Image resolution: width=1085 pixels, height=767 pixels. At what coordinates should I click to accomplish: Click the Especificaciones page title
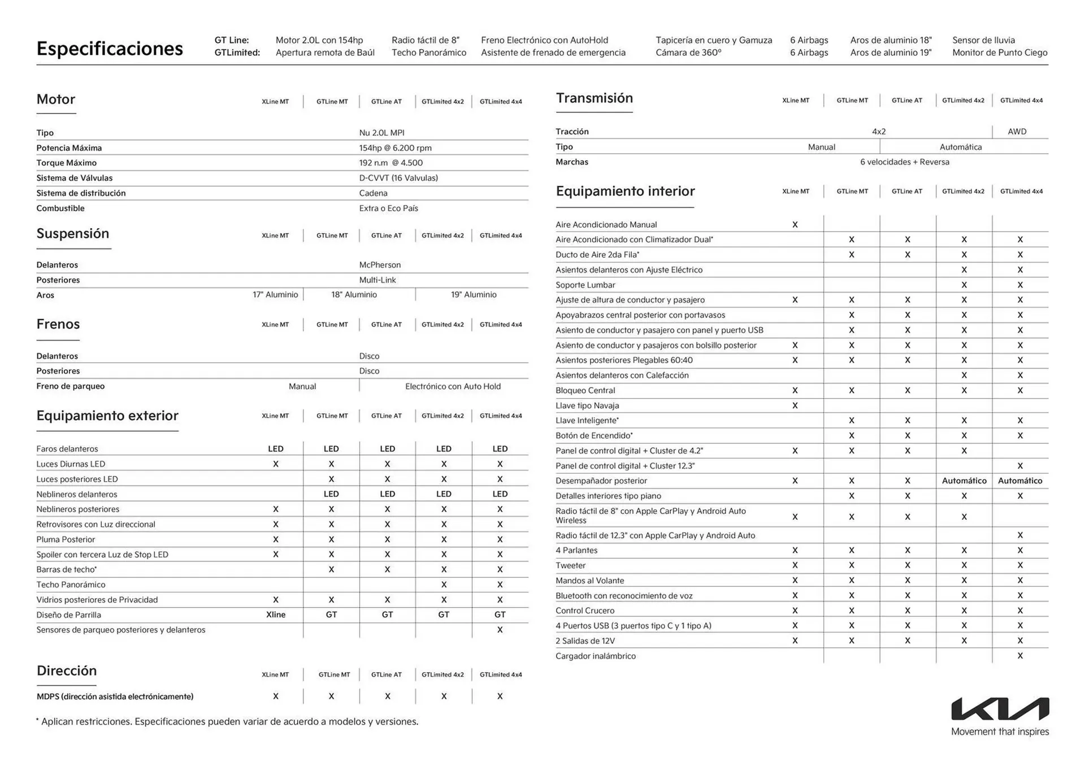click(x=110, y=49)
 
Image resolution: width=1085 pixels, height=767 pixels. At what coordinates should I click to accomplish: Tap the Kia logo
click(x=1000, y=709)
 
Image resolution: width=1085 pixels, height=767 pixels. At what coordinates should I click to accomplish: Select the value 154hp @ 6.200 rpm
click(x=395, y=148)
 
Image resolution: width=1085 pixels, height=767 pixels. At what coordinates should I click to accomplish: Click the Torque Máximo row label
click(x=66, y=163)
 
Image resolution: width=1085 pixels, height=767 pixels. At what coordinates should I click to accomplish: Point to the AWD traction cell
click(x=1017, y=132)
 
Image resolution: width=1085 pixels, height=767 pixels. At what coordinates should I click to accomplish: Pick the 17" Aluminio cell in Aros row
click(x=275, y=295)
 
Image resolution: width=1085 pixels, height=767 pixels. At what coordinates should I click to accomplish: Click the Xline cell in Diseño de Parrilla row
click(x=276, y=615)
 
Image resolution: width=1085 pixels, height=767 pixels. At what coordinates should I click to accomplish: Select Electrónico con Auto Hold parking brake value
click(x=453, y=386)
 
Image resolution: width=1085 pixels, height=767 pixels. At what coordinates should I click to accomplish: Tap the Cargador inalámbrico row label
click(x=595, y=656)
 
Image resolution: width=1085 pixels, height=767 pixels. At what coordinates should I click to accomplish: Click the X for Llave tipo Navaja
click(x=795, y=406)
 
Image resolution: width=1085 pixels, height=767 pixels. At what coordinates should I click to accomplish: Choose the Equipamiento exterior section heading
click(x=107, y=416)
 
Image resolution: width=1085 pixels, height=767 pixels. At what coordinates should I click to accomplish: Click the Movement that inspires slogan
click(x=1000, y=732)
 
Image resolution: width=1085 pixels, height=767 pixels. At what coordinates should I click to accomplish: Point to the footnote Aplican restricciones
click(x=228, y=721)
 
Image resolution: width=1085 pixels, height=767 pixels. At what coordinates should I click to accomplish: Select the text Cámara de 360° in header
click(x=688, y=53)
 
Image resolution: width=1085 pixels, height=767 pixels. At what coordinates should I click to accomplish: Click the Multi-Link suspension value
click(x=377, y=280)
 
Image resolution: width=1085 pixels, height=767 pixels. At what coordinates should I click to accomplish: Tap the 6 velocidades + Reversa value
click(x=904, y=162)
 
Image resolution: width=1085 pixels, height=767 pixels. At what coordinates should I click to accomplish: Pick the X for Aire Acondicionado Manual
click(x=795, y=225)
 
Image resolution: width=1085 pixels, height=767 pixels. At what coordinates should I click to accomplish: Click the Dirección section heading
click(x=67, y=671)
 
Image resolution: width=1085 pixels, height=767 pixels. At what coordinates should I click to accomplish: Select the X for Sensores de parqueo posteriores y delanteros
click(x=500, y=630)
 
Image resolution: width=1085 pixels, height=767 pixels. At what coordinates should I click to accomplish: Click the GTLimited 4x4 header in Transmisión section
click(x=1021, y=101)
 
